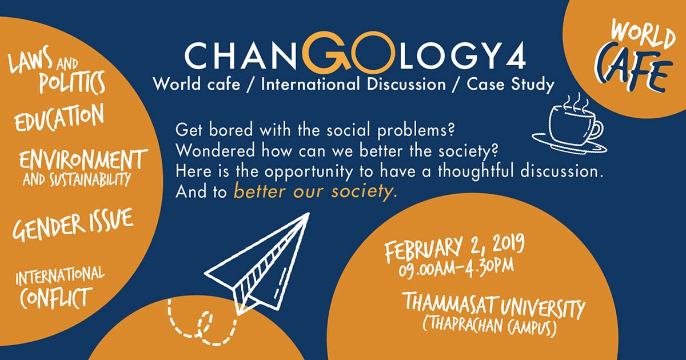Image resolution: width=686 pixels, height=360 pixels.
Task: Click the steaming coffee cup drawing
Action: pyautogui.click(x=569, y=123)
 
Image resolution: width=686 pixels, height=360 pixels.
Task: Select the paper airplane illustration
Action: pyautogui.click(x=257, y=264)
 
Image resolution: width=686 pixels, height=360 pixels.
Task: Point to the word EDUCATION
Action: pyautogui.click(x=59, y=117)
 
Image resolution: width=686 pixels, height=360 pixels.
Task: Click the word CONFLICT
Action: pyautogui.click(x=56, y=298)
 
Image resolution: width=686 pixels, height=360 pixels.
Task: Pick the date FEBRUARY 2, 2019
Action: pyautogui.click(x=454, y=250)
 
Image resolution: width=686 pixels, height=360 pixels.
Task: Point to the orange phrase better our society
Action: pyautogui.click(x=316, y=191)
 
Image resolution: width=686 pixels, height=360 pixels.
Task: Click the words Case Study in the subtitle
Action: pyautogui.click(x=510, y=85)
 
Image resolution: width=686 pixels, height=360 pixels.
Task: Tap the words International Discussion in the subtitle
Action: pyautogui.click(x=353, y=85)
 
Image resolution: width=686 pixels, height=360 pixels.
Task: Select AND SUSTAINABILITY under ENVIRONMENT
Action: pyautogui.click(x=77, y=179)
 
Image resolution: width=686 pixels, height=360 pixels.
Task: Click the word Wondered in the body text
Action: pyautogui.click(x=215, y=151)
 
